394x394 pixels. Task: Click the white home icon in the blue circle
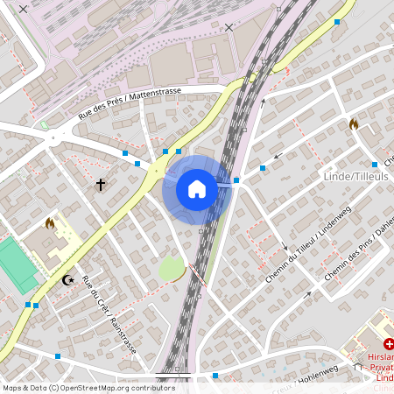(x=197, y=189)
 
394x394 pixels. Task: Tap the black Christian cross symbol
(x=101, y=185)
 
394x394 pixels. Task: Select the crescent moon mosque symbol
(x=67, y=280)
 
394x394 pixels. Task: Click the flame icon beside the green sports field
(x=50, y=224)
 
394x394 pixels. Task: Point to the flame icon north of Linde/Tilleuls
(x=354, y=124)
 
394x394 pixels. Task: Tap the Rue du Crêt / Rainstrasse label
(x=109, y=315)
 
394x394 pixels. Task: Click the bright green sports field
(x=16, y=264)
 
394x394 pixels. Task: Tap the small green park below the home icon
(x=172, y=268)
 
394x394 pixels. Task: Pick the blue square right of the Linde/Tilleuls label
(x=375, y=165)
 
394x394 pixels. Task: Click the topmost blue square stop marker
(x=337, y=22)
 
